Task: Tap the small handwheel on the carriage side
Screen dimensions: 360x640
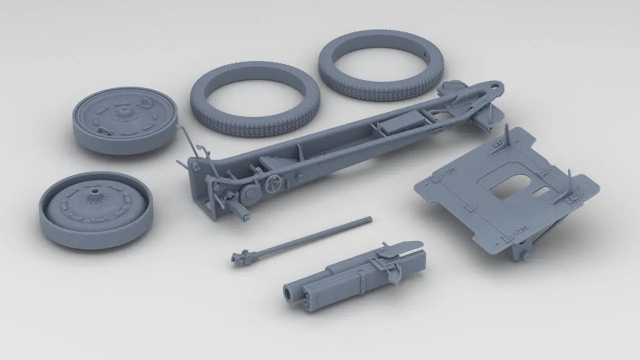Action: pos(273,184)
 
